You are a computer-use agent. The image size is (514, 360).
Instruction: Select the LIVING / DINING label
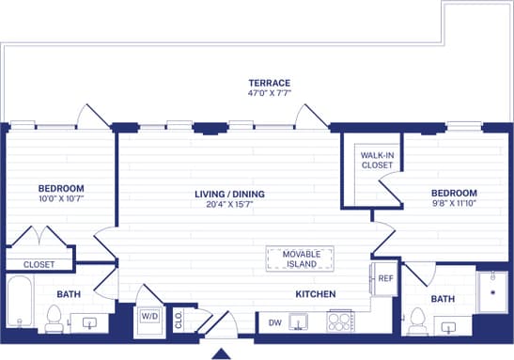point(229,195)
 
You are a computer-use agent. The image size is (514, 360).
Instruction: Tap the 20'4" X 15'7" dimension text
point(229,206)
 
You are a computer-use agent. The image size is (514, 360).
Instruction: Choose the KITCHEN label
point(315,294)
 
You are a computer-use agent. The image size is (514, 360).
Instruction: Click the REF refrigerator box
point(385,278)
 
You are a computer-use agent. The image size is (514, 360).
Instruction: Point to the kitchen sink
point(300,322)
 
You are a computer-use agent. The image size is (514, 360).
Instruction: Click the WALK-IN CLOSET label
point(377,160)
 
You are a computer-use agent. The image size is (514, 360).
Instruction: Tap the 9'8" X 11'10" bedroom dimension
point(454,202)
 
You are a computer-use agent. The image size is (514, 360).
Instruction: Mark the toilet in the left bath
point(55,322)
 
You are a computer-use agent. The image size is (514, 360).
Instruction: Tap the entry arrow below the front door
point(221,353)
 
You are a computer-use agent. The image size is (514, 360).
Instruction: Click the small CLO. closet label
point(179,318)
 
